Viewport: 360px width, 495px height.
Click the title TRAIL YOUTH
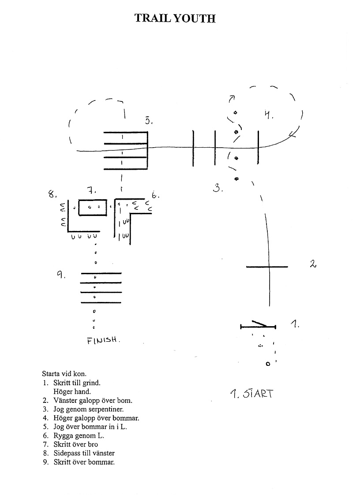coord(175,19)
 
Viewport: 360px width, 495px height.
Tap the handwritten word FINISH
coord(103,340)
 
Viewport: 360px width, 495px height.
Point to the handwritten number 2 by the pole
coord(313,264)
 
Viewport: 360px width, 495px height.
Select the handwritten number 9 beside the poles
coord(61,275)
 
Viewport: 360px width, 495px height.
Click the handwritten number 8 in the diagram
coord(52,194)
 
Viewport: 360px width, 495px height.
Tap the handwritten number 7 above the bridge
coord(91,190)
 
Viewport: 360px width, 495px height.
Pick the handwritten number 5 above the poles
coord(148,120)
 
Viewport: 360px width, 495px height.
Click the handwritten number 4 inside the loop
coord(269,115)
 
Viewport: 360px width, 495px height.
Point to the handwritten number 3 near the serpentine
coord(218,188)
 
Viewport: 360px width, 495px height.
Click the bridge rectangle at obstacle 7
coord(92,200)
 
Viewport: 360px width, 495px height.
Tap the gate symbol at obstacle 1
coord(258,325)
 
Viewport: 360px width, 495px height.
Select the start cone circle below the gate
coord(268,364)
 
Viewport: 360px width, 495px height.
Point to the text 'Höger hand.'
coord(72,392)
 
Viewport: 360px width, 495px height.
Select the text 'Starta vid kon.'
coord(64,374)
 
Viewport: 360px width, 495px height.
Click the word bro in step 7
coord(92,444)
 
